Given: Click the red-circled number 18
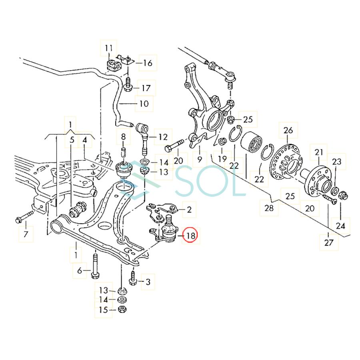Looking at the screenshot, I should [191, 236].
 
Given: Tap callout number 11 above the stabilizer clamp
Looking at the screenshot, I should [109, 48].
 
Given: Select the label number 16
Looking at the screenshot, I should [147, 63].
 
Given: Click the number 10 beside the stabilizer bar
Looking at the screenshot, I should [143, 104].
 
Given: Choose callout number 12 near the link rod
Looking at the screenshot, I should [162, 137].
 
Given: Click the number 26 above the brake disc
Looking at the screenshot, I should [288, 130].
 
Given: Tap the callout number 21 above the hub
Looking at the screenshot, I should [318, 152].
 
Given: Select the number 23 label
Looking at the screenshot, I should [337, 162].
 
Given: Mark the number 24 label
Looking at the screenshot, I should [340, 226].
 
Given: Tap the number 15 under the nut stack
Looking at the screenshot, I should [104, 310].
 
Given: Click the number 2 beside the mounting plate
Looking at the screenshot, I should [189, 209].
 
